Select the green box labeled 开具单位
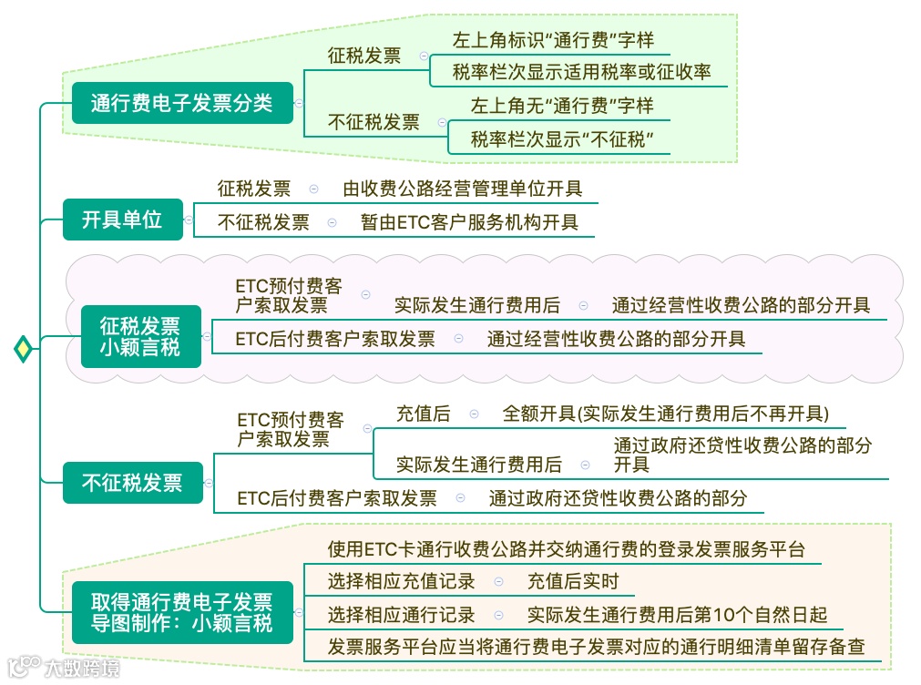pyautogui.click(x=122, y=220)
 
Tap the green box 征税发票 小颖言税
pyautogui.click(x=140, y=336)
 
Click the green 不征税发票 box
pyautogui.click(x=132, y=483)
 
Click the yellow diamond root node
pyautogui.click(x=23, y=349)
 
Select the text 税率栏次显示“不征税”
pyautogui.click(x=563, y=139)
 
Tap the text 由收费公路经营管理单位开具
pyautogui.click(x=463, y=189)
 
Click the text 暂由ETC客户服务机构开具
pyautogui.click(x=469, y=222)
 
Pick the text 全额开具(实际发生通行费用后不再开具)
pyautogui.click(x=665, y=414)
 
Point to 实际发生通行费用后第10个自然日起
pyautogui.click(x=677, y=615)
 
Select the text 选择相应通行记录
pyautogui.click(x=401, y=615)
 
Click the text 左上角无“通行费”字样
pyautogui.click(x=562, y=106)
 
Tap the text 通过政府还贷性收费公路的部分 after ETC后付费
pyautogui.click(x=618, y=498)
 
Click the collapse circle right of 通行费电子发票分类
pyautogui.click(x=300, y=104)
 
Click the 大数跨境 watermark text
pyautogui.click(x=82, y=669)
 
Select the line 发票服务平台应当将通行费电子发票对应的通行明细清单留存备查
pyautogui.click(x=596, y=648)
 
